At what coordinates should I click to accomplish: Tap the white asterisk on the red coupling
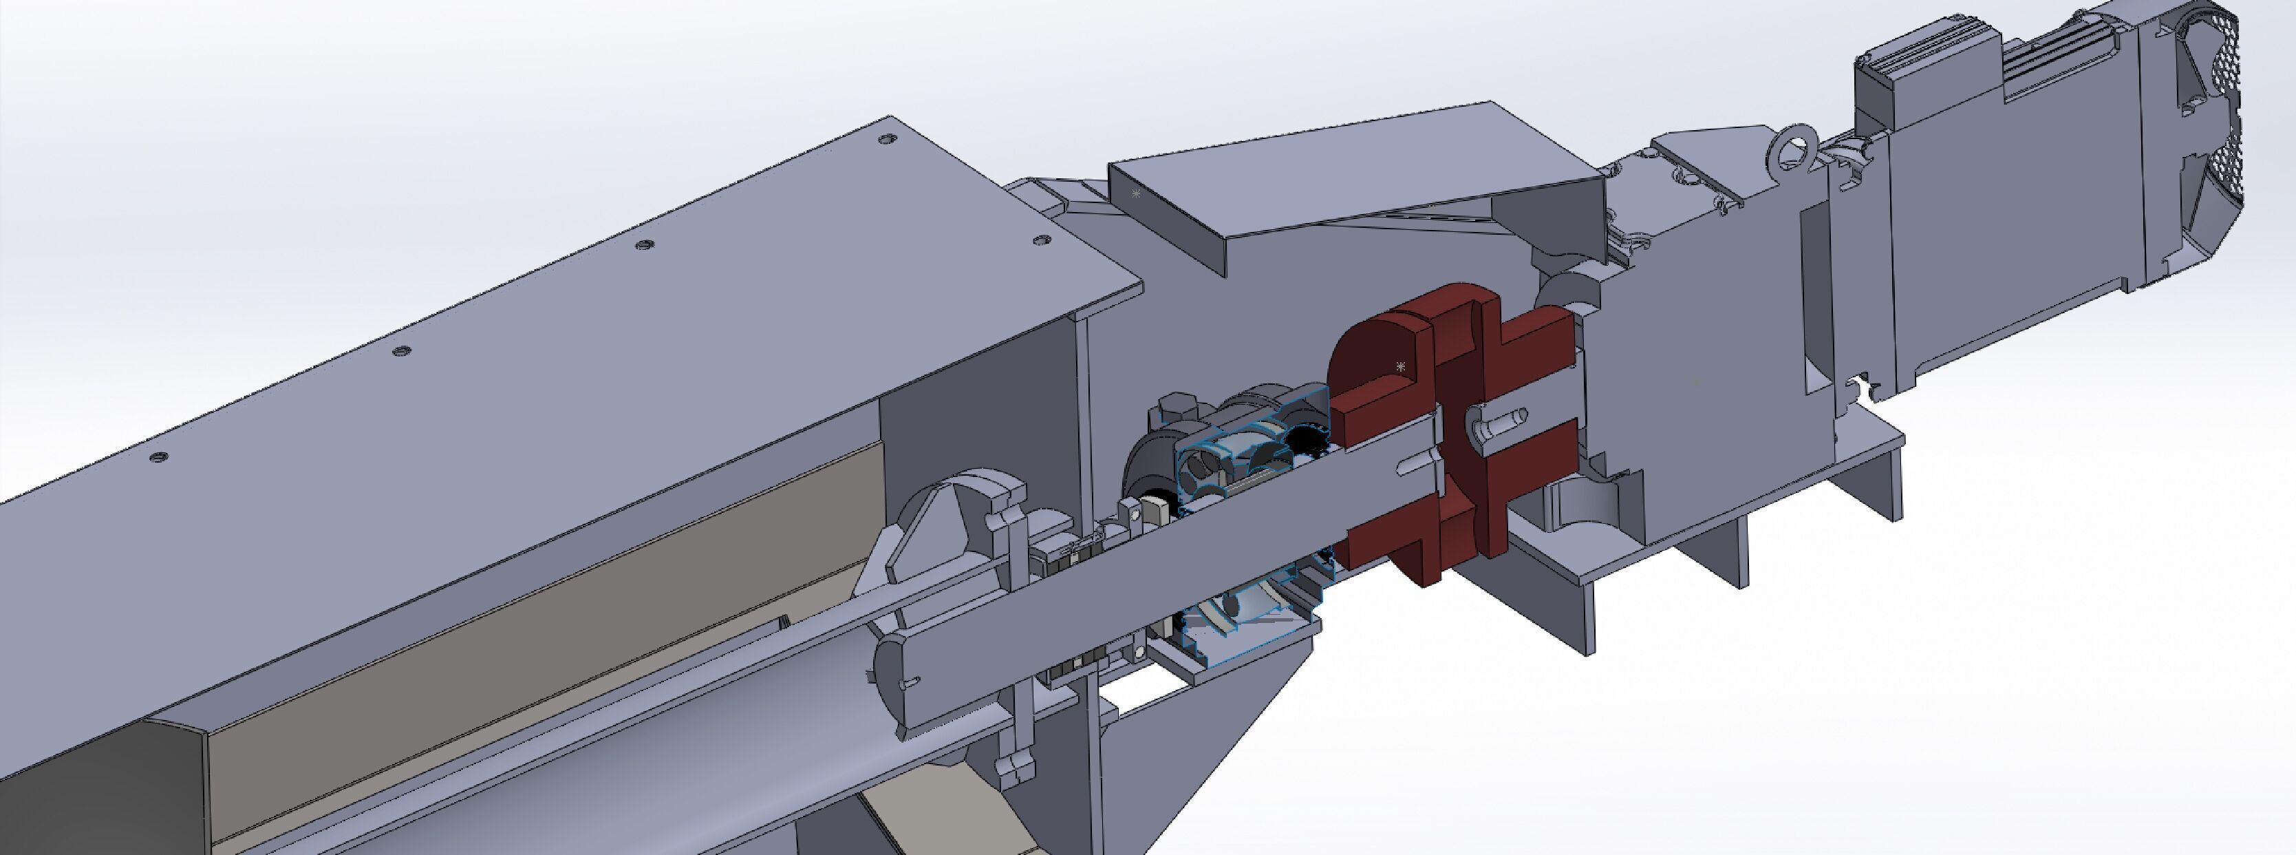1401,366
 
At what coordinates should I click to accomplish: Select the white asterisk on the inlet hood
1135,193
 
